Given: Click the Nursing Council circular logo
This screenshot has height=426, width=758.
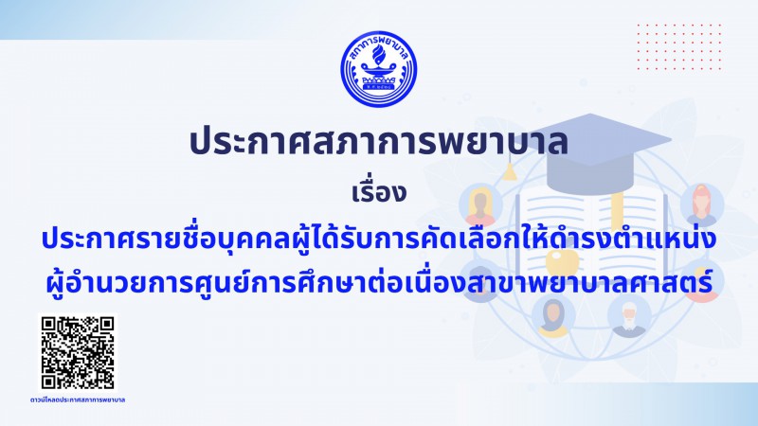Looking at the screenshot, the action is (378, 69).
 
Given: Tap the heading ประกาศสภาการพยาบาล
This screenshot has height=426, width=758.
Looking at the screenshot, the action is (378, 142).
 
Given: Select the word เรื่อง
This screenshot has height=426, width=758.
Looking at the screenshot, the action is (378, 192).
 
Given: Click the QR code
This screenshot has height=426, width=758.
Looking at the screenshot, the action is (78, 352).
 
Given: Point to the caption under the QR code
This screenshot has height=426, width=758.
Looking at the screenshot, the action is (78, 399).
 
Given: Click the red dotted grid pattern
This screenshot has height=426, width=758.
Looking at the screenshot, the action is (679, 46).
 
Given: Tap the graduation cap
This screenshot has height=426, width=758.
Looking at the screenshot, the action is (589, 150).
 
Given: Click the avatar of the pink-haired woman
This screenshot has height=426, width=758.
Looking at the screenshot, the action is (702, 204).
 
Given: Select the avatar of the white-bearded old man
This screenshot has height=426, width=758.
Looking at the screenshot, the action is (628, 316).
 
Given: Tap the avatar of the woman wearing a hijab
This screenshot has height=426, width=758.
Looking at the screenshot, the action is (553, 316).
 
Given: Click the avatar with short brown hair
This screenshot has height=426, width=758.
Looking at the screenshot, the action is (480, 205).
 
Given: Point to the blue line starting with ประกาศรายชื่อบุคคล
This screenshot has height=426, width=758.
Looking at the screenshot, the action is (378, 240).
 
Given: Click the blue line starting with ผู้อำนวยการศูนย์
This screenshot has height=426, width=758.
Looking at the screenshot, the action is (378, 282).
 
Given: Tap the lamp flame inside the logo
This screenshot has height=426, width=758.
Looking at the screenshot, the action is (378, 55).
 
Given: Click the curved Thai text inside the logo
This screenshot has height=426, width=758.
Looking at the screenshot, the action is (378, 44).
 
